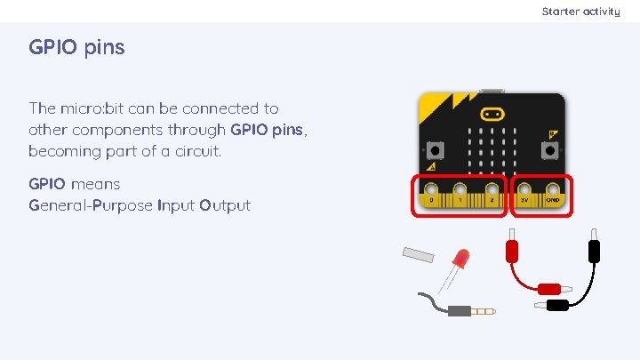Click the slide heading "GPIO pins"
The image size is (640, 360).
tap(76, 47)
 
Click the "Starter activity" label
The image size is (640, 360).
tap(580, 12)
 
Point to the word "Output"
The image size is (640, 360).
tap(225, 205)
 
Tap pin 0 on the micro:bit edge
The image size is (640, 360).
tap(431, 189)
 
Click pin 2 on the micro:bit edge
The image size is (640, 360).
tap(492, 189)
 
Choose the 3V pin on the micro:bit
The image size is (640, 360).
tap(524, 189)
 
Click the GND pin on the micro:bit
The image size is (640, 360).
tap(554, 189)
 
